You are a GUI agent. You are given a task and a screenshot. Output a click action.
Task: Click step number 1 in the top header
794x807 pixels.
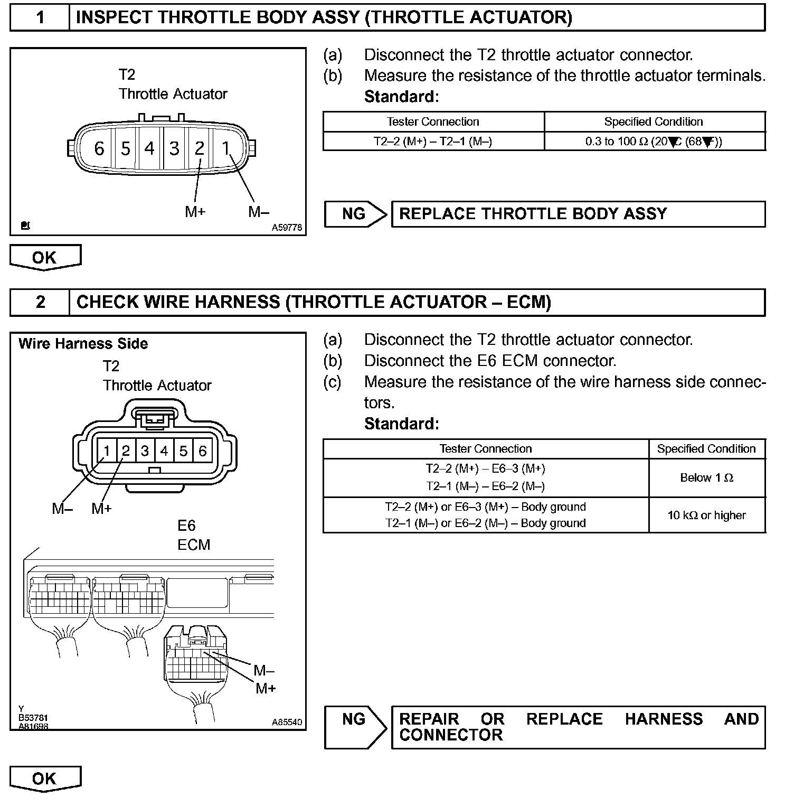(x=40, y=18)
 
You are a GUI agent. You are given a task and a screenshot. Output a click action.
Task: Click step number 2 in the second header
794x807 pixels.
(x=40, y=302)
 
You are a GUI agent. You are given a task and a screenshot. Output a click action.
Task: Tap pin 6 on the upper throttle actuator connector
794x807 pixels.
(x=99, y=149)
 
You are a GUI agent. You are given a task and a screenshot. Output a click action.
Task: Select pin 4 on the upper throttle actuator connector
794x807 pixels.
(x=150, y=149)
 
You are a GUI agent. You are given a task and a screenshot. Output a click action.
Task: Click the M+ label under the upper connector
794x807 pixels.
(x=195, y=212)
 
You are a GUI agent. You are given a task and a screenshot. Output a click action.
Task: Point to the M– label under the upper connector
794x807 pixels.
(x=259, y=212)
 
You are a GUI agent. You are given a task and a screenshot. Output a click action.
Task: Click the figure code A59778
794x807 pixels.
(x=287, y=228)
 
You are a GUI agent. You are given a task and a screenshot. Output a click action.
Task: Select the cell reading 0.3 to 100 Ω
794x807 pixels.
(x=654, y=142)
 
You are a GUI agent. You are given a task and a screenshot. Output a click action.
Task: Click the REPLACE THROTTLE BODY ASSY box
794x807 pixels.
(x=578, y=214)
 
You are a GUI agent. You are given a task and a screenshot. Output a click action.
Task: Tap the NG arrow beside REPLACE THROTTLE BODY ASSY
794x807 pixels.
(x=355, y=214)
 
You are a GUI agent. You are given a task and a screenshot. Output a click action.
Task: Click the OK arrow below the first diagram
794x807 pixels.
(x=45, y=258)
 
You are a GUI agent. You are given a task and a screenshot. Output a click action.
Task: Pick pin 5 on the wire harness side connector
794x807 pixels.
(x=183, y=451)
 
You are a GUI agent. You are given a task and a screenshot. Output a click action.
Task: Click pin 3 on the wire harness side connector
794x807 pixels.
(x=145, y=451)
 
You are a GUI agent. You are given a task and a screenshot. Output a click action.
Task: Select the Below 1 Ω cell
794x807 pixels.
(x=706, y=478)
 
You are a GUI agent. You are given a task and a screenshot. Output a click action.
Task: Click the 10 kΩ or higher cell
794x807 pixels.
(x=706, y=515)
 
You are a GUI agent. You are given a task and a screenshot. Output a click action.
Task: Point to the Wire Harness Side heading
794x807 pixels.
(x=83, y=344)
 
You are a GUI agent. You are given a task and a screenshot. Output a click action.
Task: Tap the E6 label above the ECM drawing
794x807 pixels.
(x=186, y=526)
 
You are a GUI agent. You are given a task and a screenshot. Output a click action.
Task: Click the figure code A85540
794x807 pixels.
(x=287, y=722)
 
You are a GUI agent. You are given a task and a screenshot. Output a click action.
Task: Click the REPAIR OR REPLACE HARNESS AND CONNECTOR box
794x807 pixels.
(x=578, y=727)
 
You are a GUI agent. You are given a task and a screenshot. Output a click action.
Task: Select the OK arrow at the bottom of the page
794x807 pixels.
(x=45, y=779)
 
